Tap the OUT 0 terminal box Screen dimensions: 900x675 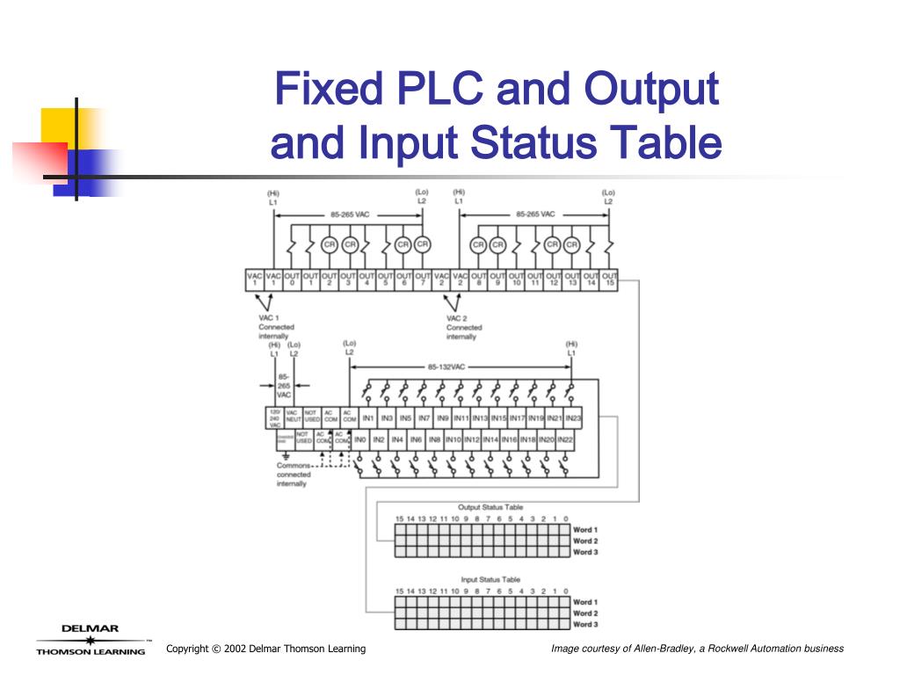click(291, 279)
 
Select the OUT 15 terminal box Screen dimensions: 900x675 click(609, 279)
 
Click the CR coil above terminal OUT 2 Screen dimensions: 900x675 click(330, 244)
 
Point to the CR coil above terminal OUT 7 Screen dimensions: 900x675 click(423, 244)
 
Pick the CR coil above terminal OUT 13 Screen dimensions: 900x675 click(572, 244)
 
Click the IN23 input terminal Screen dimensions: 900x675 click(573, 418)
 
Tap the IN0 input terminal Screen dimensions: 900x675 click(359, 439)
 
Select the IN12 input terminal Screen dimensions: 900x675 click(472, 439)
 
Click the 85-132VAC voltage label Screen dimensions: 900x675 click(446, 367)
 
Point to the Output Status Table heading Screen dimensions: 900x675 click(490, 507)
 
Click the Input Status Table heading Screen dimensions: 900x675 click(490, 580)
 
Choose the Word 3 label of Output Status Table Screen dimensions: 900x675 click(585, 552)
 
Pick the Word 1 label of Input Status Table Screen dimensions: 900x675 click(585, 602)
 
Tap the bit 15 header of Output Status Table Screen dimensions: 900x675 click(399, 519)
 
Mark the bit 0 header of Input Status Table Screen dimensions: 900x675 click(565, 592)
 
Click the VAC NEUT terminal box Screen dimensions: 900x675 click(293, 417)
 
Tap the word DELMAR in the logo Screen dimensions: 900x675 click(90, 628)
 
